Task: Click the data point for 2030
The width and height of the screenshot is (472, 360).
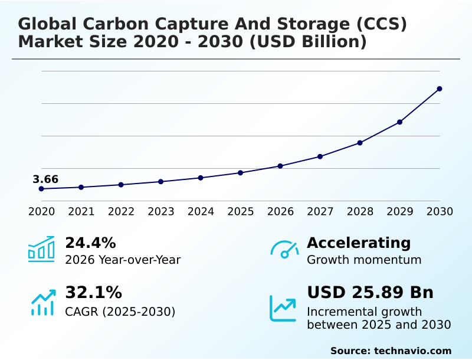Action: (x=440, y=89)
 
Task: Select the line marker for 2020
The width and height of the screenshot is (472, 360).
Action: (x=41, y=189)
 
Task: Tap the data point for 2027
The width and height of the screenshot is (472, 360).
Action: (x=320, y=156)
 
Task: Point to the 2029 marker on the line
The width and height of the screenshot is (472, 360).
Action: (x=399, y=122)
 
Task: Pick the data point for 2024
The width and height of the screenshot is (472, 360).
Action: (x=201, y=178)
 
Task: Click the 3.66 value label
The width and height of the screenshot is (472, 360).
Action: (x=45, y=179)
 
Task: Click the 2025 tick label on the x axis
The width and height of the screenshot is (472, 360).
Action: (x=241, y=211)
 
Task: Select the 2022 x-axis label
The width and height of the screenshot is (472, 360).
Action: (x=121, y=211)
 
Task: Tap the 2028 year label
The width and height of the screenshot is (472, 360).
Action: (x=360, y=211)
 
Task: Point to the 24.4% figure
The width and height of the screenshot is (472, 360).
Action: (x=90, y=243)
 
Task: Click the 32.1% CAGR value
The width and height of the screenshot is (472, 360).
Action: (x=93, y=293)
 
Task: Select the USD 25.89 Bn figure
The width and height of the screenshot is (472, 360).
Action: (x=370, y=293)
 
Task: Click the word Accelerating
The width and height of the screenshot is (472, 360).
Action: (x=359, y=243)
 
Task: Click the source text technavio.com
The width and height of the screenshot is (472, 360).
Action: (x=412, y=351)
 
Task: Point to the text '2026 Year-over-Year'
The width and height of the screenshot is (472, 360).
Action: (x=123, y=260)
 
